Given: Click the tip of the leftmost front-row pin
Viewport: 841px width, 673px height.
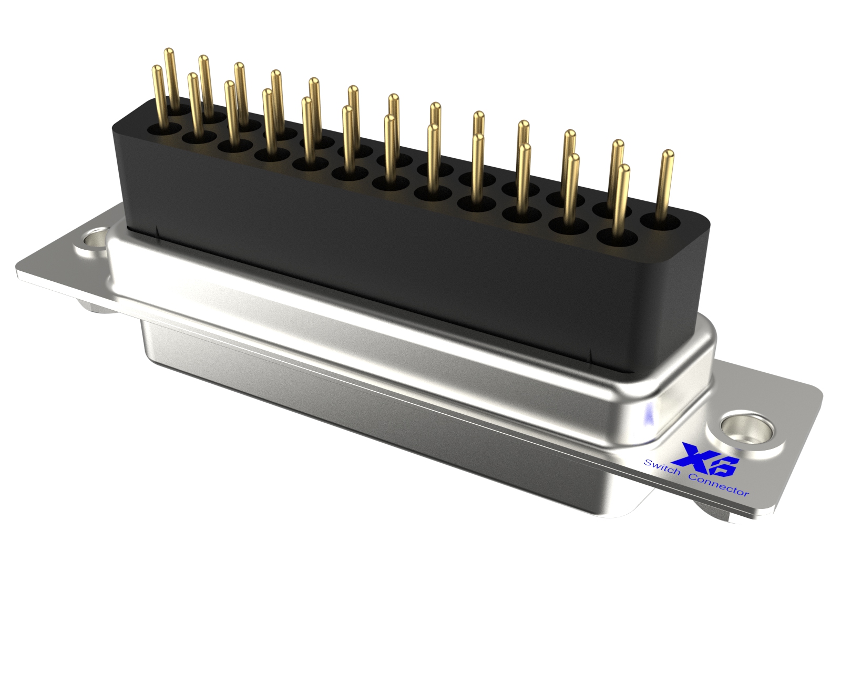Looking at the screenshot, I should tap(157, 69).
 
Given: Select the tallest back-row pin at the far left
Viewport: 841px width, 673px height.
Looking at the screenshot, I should tap(170, 79).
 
